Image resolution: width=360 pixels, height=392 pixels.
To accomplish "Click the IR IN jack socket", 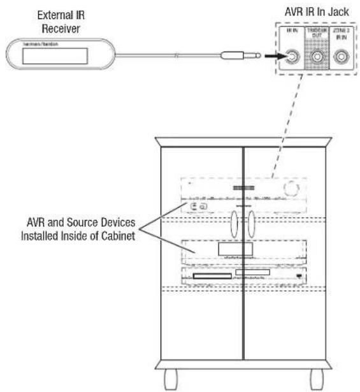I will pos(291,58).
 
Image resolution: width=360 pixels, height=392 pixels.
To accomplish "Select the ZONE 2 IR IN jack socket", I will pos(341,58).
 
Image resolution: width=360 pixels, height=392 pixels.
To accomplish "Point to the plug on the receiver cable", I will pos(239,57).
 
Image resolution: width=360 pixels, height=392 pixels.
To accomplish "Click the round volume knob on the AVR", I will pos(291,187).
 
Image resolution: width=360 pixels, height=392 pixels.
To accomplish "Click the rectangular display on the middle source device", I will pos(234,249).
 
